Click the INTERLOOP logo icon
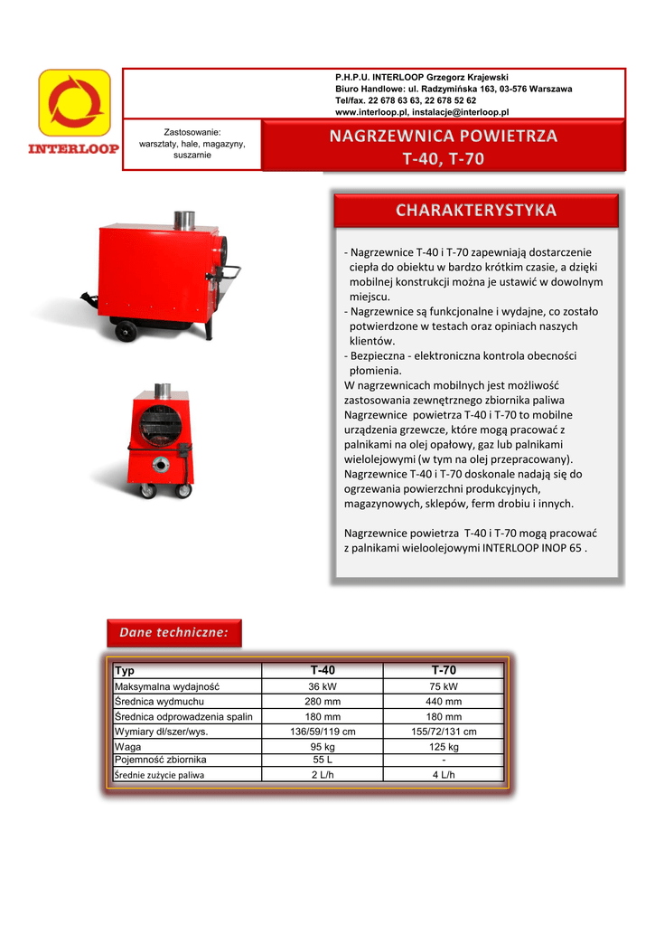tap(74, 102)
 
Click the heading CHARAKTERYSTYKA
tap(476, 211)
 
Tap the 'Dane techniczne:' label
tap(174, 633)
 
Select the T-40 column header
tap(323, 671)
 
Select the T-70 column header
tap(444, 671)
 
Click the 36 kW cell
tap(323, 686)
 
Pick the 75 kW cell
tap(444, 686)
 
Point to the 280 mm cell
tap(323, 702)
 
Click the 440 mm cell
tap(444, 702)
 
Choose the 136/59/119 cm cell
tap(323, 732)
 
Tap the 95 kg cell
tap(323, 747)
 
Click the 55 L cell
tap(323, 760)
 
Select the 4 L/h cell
tap(444, 775)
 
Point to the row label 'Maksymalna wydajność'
tap(167, 686)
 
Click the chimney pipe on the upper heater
tap(184, 220)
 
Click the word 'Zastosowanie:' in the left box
tap(192, 132)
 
